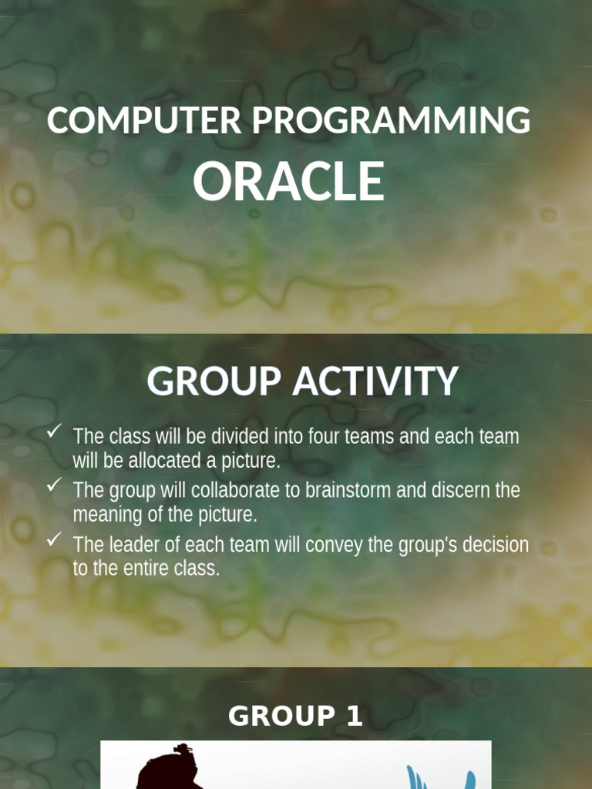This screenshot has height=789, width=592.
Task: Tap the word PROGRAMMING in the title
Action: pyautogui.click(x=392, y=121)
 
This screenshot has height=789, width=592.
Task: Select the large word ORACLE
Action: pyautogui.click(x=288, y=182)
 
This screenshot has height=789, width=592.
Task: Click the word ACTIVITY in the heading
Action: pyautogui.click(x=375, y=381)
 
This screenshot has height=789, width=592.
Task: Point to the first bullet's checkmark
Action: pyautogui.click(x=54, y=432)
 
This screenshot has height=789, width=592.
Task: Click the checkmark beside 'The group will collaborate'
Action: pyautogui.click(x=54, y=485)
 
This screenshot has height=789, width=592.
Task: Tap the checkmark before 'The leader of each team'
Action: pyautogui.click(x=54, y=540)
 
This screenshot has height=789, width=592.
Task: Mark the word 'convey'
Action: pyautogui.click(x=332, y=545)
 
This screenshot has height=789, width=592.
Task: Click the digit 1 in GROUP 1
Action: pyautogui.click(x=354, y=717)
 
